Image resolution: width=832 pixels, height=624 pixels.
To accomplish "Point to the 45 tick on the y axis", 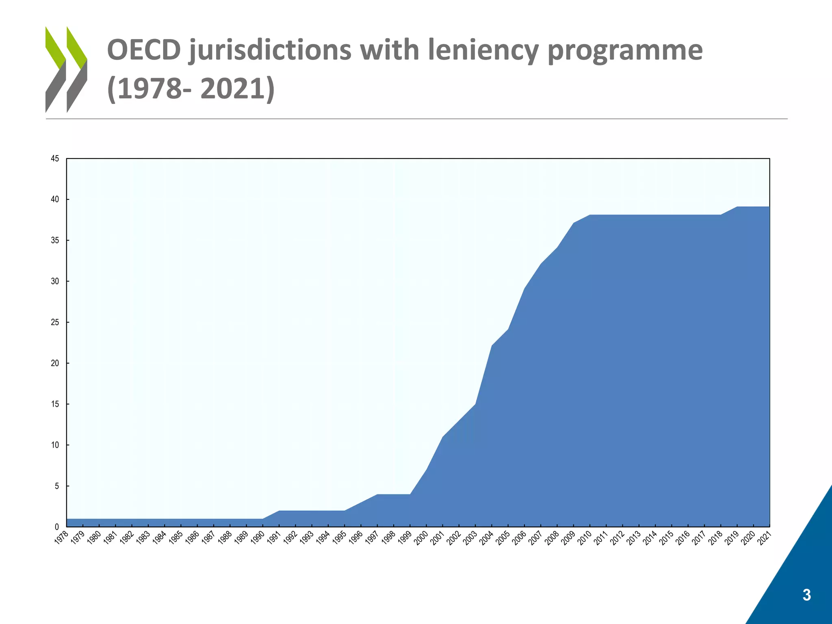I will coord(55,159).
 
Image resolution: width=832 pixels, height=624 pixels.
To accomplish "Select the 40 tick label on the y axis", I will coord(55,199).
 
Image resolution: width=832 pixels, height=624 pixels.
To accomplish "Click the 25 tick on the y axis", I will coord(55,323).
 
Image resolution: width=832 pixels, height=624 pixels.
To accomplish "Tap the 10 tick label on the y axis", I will coord(55,445).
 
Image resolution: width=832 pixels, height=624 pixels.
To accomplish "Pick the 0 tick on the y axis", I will coord(57,527).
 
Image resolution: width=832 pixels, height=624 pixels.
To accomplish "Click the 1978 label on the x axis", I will coord(61,538).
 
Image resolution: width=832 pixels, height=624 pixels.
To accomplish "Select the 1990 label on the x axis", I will coord(257,538).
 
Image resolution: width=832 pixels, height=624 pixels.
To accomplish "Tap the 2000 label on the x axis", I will coord(420,538).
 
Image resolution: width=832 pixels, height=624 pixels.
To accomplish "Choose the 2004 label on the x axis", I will coord(486,538).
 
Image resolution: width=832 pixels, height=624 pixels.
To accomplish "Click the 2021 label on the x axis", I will coord(764,538).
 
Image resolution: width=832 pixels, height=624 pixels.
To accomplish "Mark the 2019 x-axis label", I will coord(731,538).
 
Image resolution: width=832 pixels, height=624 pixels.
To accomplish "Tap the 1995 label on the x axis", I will coord(339,538).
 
